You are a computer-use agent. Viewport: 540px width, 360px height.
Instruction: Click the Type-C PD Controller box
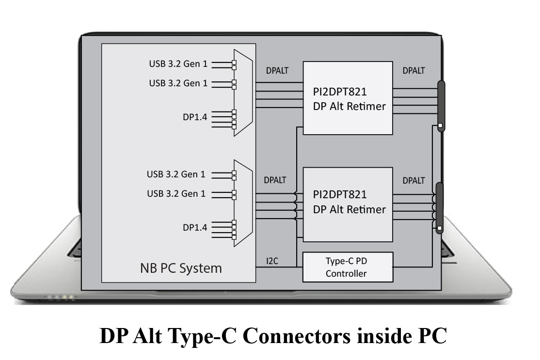click(348, 267)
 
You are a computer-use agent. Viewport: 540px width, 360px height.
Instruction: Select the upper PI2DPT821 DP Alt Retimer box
click(348, 98)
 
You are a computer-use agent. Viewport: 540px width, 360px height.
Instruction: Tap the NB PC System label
click(181, 268)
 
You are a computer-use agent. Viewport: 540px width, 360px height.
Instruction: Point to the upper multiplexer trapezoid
click(243, 92)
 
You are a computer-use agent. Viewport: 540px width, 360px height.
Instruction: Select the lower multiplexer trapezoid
click(243, 203)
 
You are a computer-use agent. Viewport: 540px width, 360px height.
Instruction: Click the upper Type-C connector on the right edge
click(441, 106)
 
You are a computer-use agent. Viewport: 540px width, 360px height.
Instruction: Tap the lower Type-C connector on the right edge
click(440, 208)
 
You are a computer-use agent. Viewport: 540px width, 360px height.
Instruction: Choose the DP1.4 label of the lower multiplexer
click(194, 227)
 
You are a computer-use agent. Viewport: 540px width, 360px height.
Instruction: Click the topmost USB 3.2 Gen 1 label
click(178, 64)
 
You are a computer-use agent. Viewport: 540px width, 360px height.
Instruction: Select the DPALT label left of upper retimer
click(277, 71)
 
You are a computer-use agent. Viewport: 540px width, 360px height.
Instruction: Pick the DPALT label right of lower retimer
click(413, 181)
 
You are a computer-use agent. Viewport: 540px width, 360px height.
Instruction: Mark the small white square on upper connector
click(440, 126)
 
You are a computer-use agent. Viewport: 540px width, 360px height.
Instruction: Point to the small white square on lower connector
click(439, 228)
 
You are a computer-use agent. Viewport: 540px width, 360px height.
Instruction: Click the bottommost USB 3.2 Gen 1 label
click(176, 194)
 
